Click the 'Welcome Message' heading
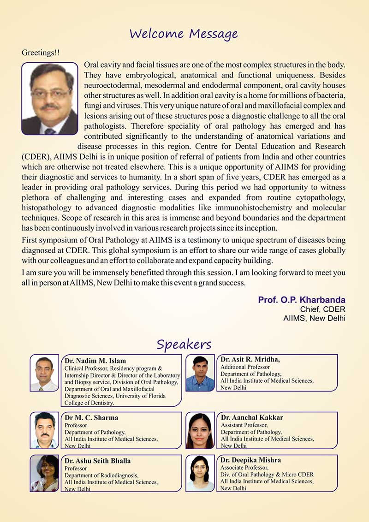tap(184, 34)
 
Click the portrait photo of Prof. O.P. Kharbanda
tap(50, 99)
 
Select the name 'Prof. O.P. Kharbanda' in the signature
tap(302, 300)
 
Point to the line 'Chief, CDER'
tap(322, 309)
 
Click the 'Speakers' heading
tap(184, 344)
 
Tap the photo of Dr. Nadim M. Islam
tap(44, 373)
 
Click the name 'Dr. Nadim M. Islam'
tap(95, 361)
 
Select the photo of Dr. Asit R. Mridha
tap(200, 373)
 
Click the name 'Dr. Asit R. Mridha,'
tap(250, 359)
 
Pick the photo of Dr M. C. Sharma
tap(44, 430)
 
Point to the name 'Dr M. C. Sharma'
tap(91, 418)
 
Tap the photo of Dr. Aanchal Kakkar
tap(200, 430)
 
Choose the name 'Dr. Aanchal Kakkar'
tap(252, 417)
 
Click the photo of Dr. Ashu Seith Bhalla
tap(44, 473)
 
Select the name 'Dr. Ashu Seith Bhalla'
tap(98, 461)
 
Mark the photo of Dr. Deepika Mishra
tap(200, 473)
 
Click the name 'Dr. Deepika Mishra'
tap(250, 460)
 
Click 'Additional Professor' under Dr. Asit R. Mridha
tap(245, 367)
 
